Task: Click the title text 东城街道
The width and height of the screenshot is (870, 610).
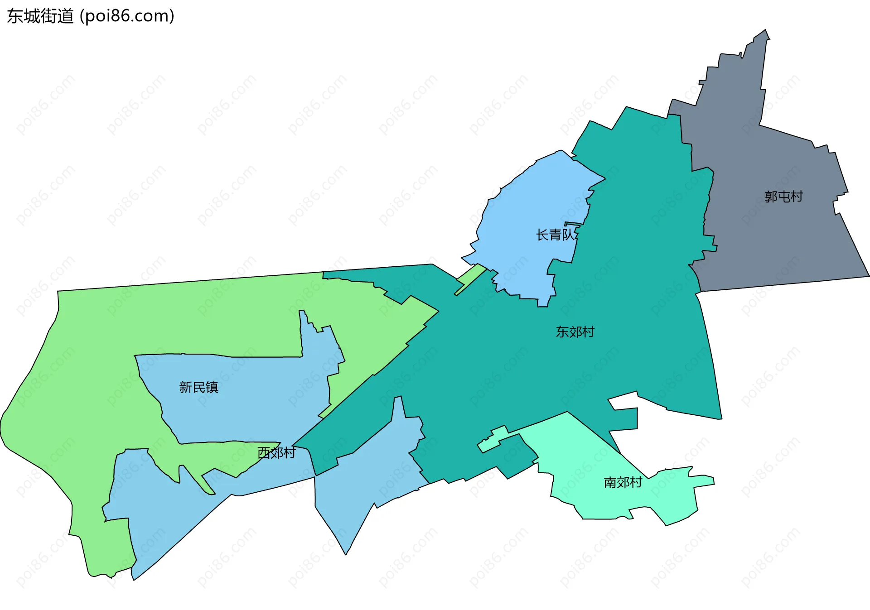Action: (x=40, y=16)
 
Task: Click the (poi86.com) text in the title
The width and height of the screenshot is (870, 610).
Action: (x=127, y=16)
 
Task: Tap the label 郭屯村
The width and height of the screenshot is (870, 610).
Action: (x=783, y=197)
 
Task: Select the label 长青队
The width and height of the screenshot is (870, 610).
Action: (x=556, y=235)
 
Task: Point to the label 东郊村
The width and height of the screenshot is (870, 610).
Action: (x=575, y=332)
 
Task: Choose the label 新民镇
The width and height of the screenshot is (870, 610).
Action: (x=198, y=387)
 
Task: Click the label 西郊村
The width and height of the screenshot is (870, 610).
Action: (x=276, y=452)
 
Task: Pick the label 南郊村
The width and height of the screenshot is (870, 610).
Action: (x=623, y=482)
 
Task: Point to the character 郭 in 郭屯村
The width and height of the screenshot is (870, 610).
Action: (x=771, y=197)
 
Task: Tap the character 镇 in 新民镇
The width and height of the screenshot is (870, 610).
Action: (x=212, y=387)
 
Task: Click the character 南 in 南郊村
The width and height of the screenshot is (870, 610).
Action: (x=610, y=482)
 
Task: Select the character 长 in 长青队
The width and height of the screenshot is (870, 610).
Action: (x=542, y=235)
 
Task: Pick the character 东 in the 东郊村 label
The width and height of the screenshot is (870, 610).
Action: (x=562, y=332)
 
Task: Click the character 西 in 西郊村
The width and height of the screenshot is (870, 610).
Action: (x=264, y=452)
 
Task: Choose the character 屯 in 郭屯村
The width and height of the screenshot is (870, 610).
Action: (x=783, y=197)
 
